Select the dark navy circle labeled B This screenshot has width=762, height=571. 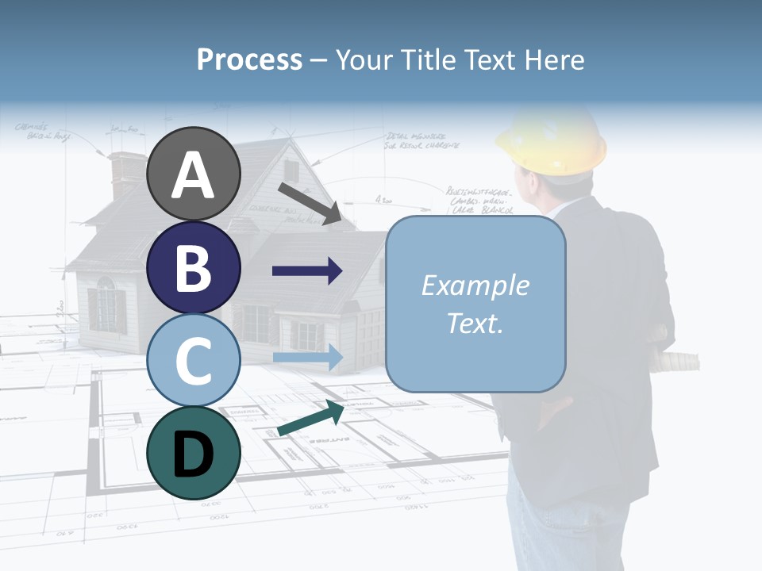[x=194, y=267]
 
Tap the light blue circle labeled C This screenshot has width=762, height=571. [x=194, y=360]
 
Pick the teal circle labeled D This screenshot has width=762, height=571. [x=194, y=453]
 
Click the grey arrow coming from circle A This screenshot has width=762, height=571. [x=309, y=202]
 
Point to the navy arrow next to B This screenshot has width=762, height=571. [x=307, y=271]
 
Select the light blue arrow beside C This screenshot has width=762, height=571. [x=307, y=357]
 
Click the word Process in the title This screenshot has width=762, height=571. [x=249, y=59]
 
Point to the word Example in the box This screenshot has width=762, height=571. [x=475, y=285]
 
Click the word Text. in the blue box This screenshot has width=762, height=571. [x=475, y=323]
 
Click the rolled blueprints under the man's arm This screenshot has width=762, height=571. [x=675, y=362]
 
